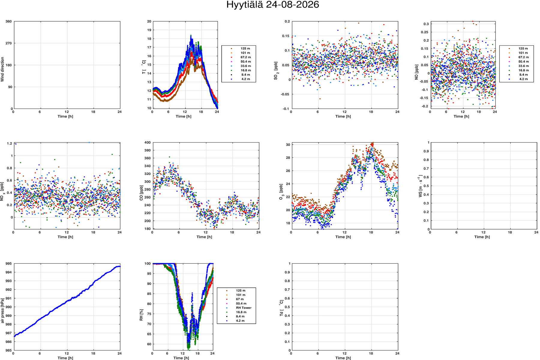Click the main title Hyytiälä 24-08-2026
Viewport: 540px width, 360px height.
272,5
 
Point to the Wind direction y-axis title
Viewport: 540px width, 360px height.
2,69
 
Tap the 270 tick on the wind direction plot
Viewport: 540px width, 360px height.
8,43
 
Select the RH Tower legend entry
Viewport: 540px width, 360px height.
244,308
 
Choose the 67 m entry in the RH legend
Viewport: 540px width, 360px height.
240,299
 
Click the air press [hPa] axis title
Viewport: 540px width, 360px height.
2,310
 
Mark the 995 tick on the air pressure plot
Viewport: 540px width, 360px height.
8,264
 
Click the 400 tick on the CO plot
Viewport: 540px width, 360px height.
147,142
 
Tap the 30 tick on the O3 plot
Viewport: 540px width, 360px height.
288,145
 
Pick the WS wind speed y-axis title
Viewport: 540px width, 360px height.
420,187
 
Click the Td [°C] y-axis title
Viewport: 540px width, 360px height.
281,308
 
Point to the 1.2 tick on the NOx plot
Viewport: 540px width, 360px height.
10,143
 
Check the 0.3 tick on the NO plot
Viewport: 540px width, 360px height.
426,24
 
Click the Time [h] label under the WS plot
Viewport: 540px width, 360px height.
482,237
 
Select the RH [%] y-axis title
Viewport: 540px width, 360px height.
141,315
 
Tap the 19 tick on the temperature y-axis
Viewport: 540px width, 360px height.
149,30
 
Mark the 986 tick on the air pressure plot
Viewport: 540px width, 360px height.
8,342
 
